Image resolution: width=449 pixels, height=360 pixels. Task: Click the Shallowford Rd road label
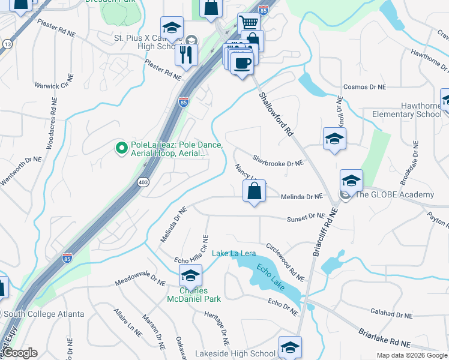[276, 114]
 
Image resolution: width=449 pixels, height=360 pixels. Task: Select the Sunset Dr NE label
[305, 218]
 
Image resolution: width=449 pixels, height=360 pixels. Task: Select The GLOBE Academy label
[394, 194]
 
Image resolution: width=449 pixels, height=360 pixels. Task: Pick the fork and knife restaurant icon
[186, 55]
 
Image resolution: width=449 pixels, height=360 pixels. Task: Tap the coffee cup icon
[243, 62]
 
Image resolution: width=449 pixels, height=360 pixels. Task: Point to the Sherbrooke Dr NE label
[278, 162]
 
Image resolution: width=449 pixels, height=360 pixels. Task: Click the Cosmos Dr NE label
[364, 87]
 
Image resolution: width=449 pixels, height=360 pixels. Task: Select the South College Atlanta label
[41, 314]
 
